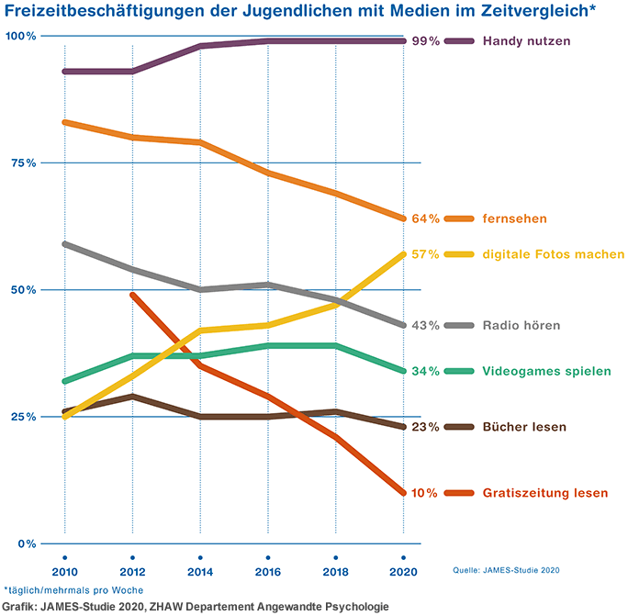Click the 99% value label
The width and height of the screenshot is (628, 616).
[425, 41]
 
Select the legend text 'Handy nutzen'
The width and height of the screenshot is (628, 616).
[526, 41]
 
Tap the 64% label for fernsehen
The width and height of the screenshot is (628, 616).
[425, 218]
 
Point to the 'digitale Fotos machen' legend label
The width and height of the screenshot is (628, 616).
[554, 254]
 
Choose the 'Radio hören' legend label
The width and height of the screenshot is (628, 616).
[521, 325]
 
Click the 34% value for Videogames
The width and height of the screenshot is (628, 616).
[425, 371]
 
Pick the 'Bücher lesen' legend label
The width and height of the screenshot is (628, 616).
[524, 427]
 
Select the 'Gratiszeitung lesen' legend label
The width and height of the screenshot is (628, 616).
[544, 493]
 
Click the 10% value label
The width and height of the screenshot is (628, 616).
[425, 493]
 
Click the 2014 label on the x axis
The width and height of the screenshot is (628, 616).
[200, 572]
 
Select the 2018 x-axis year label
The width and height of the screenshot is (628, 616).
[336, 572]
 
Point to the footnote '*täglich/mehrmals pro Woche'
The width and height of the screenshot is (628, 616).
[73, 590]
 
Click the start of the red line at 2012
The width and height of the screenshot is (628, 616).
[133, 295]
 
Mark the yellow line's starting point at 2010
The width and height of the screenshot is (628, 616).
[65, 417]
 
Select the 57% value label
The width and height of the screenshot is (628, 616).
[425, 254]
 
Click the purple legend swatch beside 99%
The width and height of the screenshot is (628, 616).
[459, 41]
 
